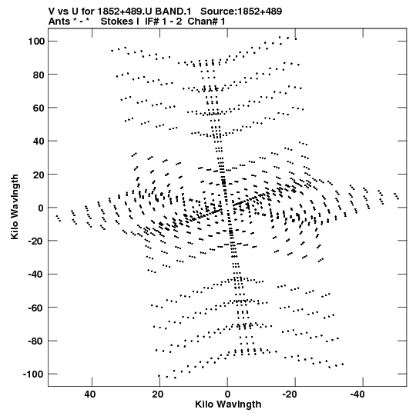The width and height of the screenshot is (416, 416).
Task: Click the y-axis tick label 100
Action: point(36,42)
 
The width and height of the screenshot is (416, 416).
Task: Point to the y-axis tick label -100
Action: point(33,374)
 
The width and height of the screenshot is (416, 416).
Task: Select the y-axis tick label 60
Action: point(39,108)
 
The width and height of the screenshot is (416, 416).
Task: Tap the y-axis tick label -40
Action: point(36,275)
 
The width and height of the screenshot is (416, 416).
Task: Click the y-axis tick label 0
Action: point(41,208)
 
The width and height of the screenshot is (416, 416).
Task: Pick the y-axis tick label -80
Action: point(36,341)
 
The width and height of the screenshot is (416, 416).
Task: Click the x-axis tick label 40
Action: point(90,394)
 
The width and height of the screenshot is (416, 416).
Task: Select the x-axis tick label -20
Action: point(290,394)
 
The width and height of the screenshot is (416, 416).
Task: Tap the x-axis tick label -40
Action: point(357,394)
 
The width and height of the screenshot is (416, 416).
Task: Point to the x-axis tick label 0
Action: point(227,394)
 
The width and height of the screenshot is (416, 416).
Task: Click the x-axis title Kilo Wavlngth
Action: point(228,404)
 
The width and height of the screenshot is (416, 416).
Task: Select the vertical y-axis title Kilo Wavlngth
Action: point(15,207)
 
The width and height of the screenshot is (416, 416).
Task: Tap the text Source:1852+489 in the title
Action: point(241,12)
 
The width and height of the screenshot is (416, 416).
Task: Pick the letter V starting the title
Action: point(52,12)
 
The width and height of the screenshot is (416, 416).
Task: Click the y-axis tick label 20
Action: point(39,175)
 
